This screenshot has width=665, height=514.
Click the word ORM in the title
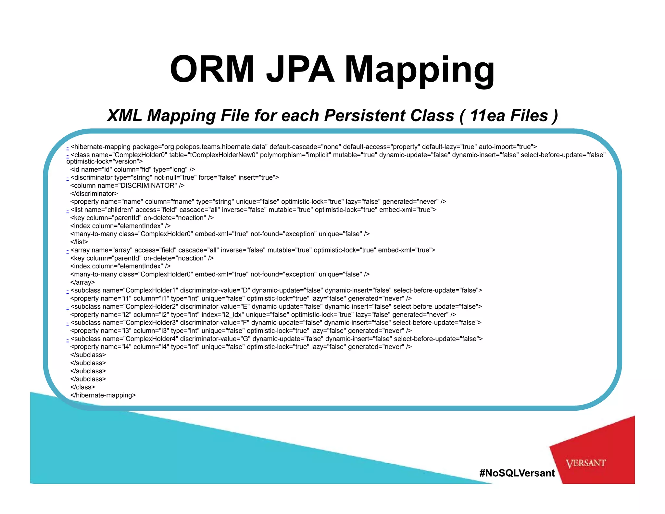[x=212, y=70]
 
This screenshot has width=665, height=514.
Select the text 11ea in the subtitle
[x=487, y=116]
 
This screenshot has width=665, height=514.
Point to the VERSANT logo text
[x=585, y=463]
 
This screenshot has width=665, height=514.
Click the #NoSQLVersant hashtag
[x=517, y=473]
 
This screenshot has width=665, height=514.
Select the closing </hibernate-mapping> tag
[x=103, y=395]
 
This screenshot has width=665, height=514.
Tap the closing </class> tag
[x=82, y=387]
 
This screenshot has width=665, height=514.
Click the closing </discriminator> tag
[x=94, y=194]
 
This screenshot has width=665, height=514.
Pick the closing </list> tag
[x=79, y=242]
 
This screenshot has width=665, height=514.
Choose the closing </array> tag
[x=82, y=282]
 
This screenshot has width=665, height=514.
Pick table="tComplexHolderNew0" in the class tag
[x=213, y=155]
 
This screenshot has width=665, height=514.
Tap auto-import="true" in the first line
[x=508, y=147]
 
